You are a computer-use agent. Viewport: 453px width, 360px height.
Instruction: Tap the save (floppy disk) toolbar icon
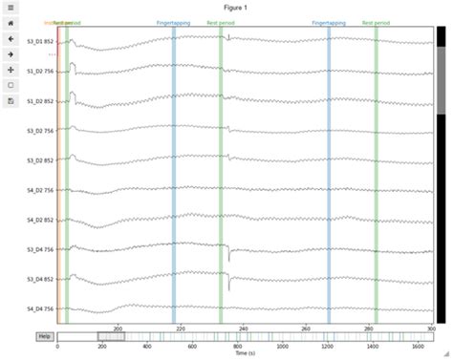10,100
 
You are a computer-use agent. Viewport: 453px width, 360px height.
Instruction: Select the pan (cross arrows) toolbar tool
10,70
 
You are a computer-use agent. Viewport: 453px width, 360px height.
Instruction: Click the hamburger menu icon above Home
10,8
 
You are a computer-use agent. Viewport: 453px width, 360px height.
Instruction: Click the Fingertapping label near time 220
174,21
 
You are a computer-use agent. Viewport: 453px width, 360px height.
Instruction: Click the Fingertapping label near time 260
329,21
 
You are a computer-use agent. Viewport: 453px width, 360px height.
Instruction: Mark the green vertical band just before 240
221,172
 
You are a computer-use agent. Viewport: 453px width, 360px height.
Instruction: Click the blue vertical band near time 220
174,172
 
